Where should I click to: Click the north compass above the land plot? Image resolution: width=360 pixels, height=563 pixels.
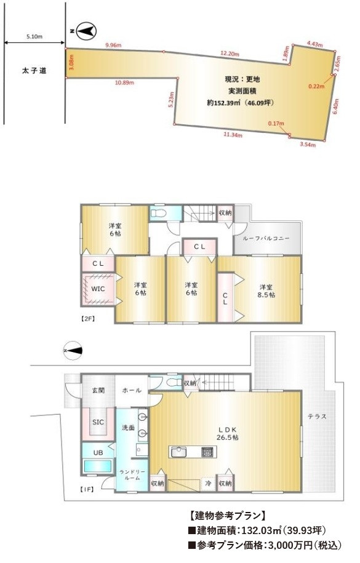(x=86, y=31)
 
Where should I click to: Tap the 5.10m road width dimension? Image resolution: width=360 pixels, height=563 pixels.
(x=34, y=36)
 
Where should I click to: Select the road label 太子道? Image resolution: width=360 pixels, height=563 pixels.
(x=34, y=71)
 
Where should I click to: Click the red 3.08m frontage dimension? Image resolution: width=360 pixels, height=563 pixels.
(x=71, y=62)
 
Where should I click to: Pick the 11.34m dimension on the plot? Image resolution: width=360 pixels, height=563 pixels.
(x=233, y=135)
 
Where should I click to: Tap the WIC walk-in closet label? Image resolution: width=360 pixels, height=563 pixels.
(x=98, y=289)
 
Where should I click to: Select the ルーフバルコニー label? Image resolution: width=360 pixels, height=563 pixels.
(x=266, y=238)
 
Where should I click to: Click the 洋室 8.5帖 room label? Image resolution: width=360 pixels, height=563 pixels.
(x=267, y=291)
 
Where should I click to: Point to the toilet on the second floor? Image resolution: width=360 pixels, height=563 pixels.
(x=158, y=214)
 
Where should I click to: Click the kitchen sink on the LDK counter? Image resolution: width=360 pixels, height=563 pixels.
(x=178, y=452)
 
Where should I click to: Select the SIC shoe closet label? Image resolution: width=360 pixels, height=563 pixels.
(x=98, y=422)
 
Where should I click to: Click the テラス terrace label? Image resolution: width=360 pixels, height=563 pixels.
(x=317, y=417)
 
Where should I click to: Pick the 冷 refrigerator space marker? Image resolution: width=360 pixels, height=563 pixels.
(x=207, y=483)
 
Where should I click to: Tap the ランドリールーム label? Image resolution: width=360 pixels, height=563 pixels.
(x=132, y=474)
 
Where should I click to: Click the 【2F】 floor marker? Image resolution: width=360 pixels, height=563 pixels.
(x=87, y=318)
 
